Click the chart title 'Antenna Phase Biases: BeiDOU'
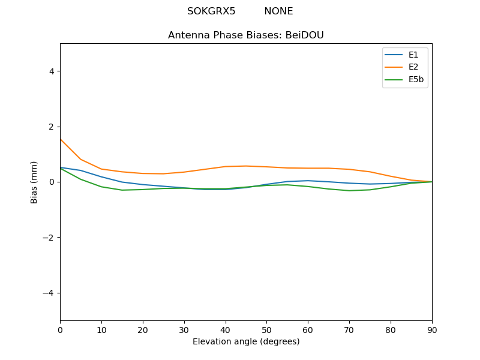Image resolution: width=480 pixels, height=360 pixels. point(246,35)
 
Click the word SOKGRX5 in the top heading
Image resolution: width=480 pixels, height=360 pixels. point(211,11)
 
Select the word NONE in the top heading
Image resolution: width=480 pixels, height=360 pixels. point(278,11)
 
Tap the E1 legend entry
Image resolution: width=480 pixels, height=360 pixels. point(413,55)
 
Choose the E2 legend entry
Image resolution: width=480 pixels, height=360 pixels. point(413,67)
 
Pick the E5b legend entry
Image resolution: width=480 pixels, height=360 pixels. point(416,79)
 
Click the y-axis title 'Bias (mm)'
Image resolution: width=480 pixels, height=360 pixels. point(34,182)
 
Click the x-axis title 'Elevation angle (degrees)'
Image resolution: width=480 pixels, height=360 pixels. point(246,342)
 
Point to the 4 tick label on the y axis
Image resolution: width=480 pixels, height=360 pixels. point(52,71)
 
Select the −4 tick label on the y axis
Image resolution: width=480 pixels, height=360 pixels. point(49,293)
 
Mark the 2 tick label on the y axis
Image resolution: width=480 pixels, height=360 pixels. point(52,127)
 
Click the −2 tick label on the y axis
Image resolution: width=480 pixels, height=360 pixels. point(49,238)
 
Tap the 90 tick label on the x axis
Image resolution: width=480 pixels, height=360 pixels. point(432,329)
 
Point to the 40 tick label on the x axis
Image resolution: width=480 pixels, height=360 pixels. point(226,329)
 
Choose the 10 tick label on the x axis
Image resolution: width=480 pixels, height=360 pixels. point(101,329)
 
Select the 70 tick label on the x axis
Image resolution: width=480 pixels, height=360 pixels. point(349,329)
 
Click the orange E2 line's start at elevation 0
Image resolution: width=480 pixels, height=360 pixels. point(60,139)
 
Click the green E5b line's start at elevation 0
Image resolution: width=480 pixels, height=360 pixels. point(60,168)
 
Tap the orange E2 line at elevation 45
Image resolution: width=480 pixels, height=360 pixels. point(246,166)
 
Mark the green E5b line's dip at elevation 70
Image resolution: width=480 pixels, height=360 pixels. point(349,191)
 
